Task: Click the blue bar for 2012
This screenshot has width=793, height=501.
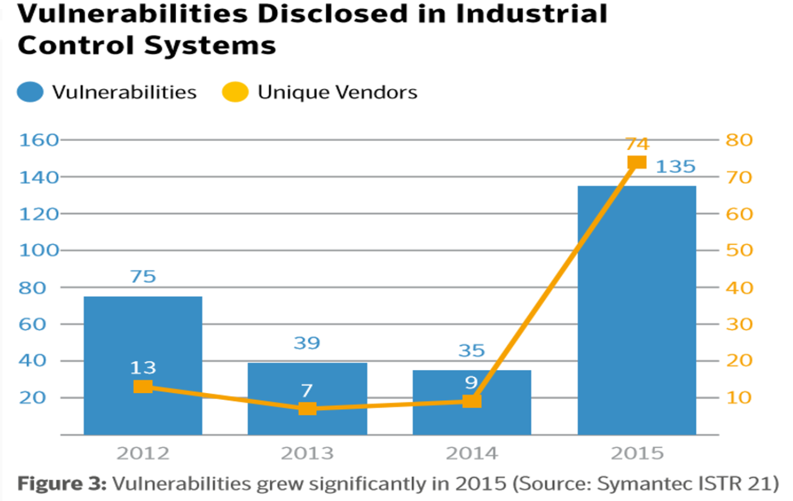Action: coord(143,338)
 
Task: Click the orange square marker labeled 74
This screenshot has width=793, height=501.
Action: coord(637,162)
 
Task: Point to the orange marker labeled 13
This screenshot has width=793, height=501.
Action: coord(143,386)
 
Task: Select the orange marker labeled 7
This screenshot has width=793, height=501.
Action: coord(307,409)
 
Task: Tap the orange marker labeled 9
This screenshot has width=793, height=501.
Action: coord(472,402)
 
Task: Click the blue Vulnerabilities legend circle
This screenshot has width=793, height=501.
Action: coord(31,92)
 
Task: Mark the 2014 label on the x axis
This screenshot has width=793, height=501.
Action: coord(472,453)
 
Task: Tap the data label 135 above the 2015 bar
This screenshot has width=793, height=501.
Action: coord(675,166)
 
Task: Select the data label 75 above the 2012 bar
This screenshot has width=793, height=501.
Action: coord(143,277)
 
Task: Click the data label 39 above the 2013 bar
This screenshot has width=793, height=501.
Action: coord(307,343)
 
